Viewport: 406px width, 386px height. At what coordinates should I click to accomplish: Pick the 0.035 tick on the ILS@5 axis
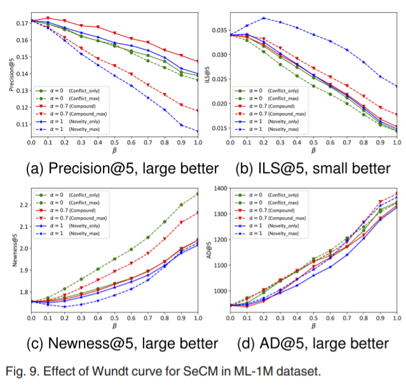click(221, 30)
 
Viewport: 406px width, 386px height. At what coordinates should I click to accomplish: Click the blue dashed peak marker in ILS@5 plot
click(264, 18)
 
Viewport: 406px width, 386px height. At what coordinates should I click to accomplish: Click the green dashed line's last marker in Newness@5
click(198, 194)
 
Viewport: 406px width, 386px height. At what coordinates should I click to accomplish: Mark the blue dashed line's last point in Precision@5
click(198, 131)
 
